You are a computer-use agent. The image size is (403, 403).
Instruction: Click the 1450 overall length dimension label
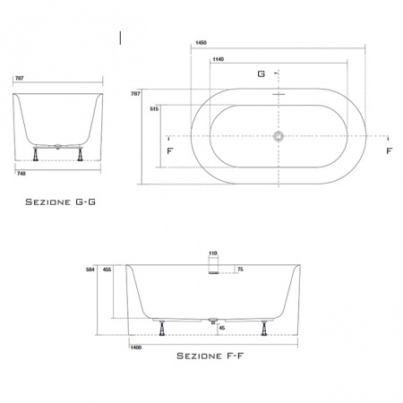tap(201, 43)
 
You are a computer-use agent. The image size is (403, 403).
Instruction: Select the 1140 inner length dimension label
tap(219, 59)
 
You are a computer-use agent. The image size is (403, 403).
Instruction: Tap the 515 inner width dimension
tap(154, 109)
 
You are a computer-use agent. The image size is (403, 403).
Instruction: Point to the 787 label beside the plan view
tap(135, 94)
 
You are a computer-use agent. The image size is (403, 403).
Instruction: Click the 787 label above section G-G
tap(20, 78)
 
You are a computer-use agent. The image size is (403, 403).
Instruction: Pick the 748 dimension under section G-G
tap(21, 174)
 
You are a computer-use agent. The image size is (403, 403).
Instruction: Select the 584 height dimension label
tap(90, 270)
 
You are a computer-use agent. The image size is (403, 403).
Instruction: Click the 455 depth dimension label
tap(107, 270)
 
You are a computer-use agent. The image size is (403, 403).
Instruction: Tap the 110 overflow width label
tap(213, 253)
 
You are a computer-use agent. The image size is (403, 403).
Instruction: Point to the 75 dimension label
tap(240, 270)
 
